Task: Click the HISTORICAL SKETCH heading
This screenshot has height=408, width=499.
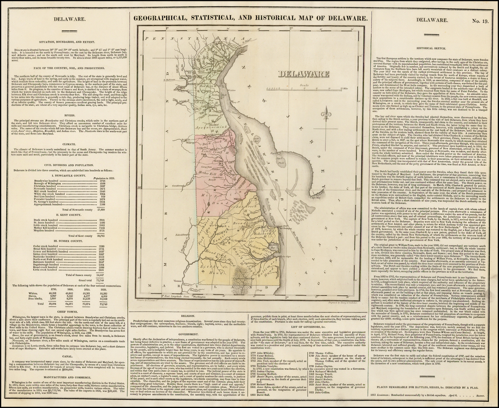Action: click(x=435, y=49)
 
